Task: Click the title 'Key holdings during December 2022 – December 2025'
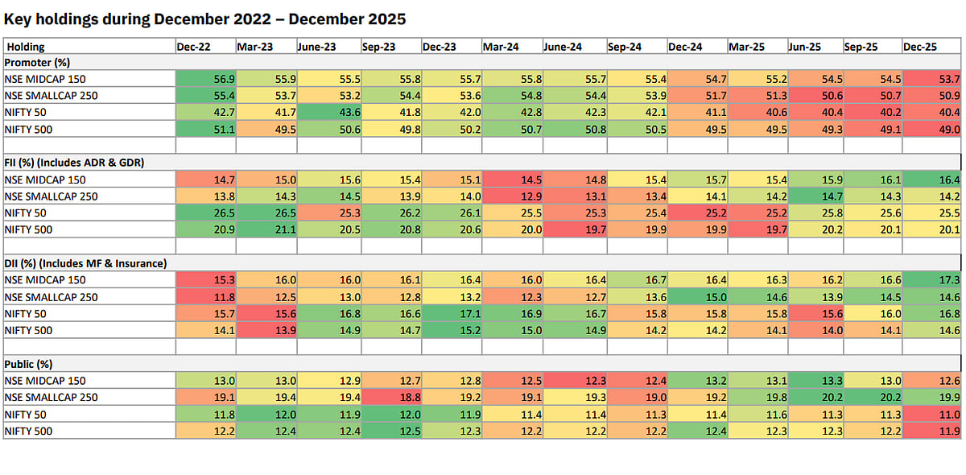pyautogui.click(x=204, y=17)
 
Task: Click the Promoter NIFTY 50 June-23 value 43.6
pyautogui.click(x=328, y=112)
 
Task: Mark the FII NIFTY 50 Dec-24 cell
pyautogui.click(x=697, y=213)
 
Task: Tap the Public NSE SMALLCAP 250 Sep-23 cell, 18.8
pyautogui.click(x=390, y=397)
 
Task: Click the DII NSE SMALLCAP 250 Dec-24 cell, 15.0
pyautogui.click(x=697, y=297)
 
